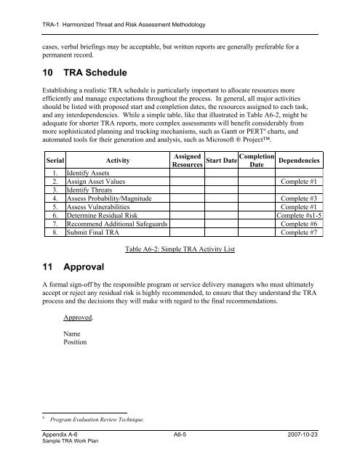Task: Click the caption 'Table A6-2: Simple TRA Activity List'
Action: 180,251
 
